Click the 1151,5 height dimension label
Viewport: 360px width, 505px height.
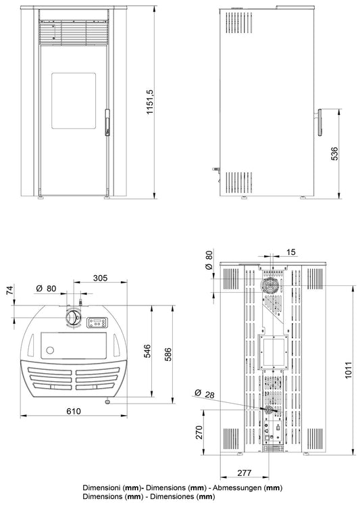click(151, 102)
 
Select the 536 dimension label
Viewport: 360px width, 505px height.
click(334, 154)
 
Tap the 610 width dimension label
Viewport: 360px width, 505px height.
click(74, 411)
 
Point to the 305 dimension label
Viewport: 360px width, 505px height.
click(101, 278)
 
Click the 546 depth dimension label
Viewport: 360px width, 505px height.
click(147, 351)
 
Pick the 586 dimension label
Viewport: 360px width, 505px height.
click(168, 354)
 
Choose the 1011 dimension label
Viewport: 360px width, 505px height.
click(349, 370)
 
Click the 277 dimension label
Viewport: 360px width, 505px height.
click(245, 473)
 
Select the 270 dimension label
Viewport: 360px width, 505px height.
click(199, 432)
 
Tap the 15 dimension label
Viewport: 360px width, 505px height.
click(291, 252)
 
